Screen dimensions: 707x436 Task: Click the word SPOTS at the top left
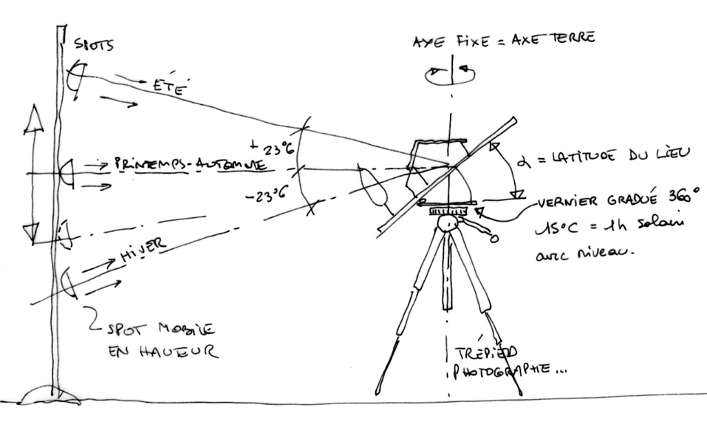pyautogui.click(x=94, y=46)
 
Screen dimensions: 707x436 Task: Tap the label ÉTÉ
pyautogui.click(x=168, y=86)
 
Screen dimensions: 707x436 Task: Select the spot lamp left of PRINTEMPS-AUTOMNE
pyautogui.click(x=66, y=171)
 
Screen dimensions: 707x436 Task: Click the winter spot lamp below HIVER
pyautogui.click(x=68, y=283)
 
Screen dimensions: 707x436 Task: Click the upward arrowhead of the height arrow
pyautogui.click(x=33, y=119)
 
